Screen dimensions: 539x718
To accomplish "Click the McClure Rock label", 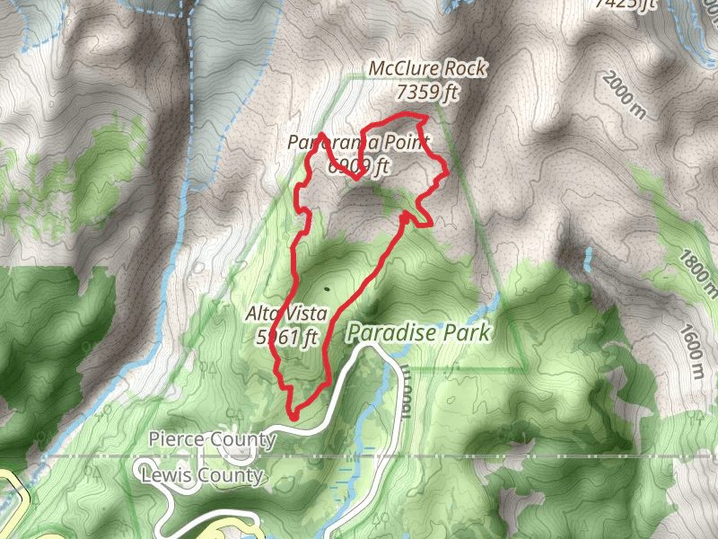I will click(x=428, y=68).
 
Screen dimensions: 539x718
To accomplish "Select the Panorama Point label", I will click(x=360, y=143).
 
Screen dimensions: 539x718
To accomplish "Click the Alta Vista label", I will click(x=283, y=314).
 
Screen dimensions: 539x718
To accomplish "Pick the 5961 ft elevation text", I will click(x=288, y=337).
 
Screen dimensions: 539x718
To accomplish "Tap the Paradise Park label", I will click(x=419, y=333).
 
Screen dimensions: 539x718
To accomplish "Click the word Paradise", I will click(x=391, y=333).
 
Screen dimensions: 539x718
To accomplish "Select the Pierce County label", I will click(x=213, y=439).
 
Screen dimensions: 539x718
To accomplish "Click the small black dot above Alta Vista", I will click(x=328, y=289).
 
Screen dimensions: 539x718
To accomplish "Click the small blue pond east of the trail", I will click(x=588, y=260).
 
